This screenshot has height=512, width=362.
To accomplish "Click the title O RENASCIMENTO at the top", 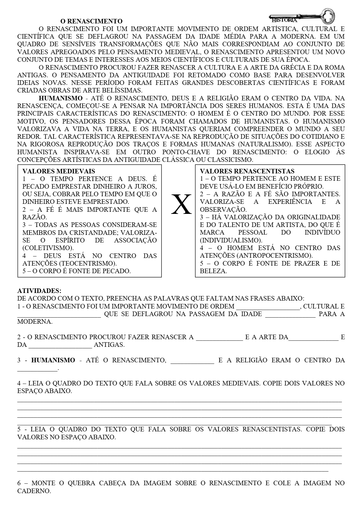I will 91,21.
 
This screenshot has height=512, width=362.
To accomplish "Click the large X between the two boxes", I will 181,204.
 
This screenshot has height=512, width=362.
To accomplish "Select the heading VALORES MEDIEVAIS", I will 59,171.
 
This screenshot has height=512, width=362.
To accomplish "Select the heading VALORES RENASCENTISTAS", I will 247,171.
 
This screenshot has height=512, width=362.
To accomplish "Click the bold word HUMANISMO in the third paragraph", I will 61,98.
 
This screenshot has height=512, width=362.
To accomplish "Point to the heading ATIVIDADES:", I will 39,291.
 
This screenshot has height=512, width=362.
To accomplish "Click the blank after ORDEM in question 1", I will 268,307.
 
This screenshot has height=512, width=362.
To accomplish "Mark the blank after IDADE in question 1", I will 290,314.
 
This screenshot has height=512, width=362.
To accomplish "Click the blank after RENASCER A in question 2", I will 219,337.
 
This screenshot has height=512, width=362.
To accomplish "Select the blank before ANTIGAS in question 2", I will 60,345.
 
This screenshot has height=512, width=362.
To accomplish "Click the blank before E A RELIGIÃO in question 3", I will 192,360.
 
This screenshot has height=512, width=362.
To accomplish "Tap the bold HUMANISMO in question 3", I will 53,360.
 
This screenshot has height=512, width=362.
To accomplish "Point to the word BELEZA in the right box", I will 213,271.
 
